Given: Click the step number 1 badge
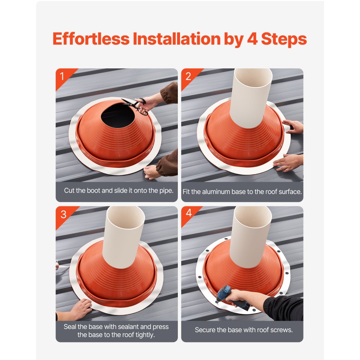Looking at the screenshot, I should pos(62,76).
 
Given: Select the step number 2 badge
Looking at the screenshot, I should pos(188,76).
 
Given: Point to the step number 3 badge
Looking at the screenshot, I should pos(63,214).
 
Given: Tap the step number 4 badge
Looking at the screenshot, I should pos(189,213).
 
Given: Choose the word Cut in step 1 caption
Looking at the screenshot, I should pos(69,190).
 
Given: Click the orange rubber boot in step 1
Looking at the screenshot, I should pos(115,140).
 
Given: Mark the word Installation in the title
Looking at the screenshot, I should pos(177,39).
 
